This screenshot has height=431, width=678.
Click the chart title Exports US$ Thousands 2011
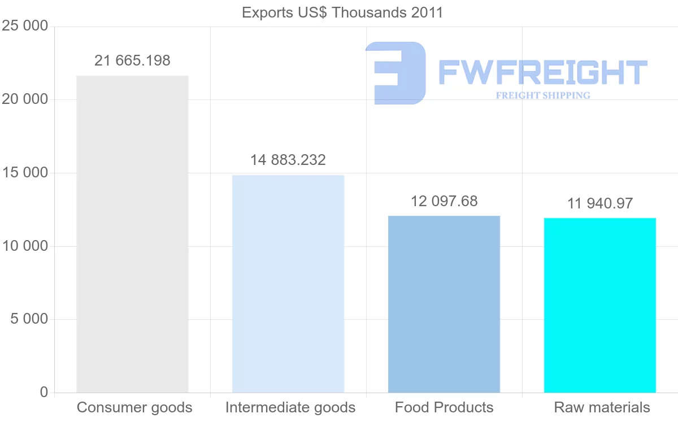point(342,13)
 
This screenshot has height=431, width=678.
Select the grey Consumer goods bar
point(132,234)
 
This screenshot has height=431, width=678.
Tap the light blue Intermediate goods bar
point(288,284)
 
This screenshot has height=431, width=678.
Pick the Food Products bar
point(444,304)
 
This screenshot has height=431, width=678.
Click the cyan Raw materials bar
point(600,306)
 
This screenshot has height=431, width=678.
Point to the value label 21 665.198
point(132,60)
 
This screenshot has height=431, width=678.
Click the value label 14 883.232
point(288,160)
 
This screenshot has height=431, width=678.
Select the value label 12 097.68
point(444,201)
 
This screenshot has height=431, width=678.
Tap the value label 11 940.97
point(600,203)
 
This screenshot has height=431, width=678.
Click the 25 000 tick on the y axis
point(25,26)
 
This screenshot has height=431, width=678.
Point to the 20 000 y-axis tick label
point(25,99)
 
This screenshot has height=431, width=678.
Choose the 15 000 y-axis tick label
point(25,172)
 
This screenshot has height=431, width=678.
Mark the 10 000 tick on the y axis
point(25,246)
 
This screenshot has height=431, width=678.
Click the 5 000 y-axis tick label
point(29,319)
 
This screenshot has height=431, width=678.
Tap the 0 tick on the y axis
point(44,392)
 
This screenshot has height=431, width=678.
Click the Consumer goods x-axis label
point(134,408)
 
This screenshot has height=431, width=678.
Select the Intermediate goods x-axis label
point(290,408)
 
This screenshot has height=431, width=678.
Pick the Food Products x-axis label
point(444,407)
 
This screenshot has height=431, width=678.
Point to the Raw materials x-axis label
point(602,407)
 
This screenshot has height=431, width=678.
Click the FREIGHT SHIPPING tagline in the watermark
point(543,95)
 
